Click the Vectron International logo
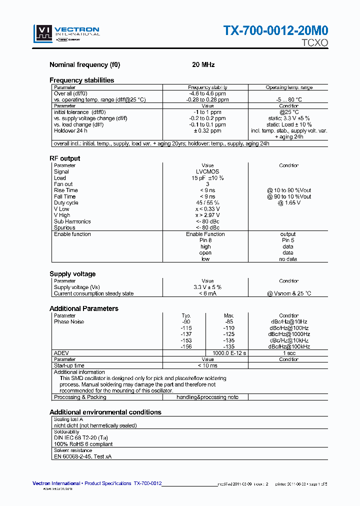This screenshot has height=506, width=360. (x=66, y=34)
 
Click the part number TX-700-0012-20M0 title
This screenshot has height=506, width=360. (x=275, y=30)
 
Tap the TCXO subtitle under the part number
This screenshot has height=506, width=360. (x=314, y=43)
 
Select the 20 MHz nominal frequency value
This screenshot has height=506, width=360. (x=203, y=65)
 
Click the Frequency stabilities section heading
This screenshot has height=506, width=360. (x=81, y=80)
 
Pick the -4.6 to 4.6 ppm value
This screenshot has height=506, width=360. (x=207, y=93)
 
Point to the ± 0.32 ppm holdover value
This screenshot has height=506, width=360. (x=207, y=131)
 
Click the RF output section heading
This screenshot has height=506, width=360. (x=64, y=158)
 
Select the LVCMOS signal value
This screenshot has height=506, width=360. (x=207, y=171)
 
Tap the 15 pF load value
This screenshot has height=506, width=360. (x=207, y=178)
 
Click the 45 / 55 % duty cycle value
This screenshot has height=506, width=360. (x=207, y=203)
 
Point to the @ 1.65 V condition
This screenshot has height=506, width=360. (x=288, y=203)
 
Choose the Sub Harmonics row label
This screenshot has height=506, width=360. (x=72, y=221)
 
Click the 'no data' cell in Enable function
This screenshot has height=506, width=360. (x=288, y=259)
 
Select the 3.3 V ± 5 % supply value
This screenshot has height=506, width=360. (x=207, y=287)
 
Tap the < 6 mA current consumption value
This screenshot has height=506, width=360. (x=207, y=293)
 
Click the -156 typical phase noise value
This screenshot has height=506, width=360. (x=186, y=346)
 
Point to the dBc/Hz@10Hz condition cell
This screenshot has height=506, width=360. (x=288, y=322)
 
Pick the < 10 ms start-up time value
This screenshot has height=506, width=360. (x=207, y=366)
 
